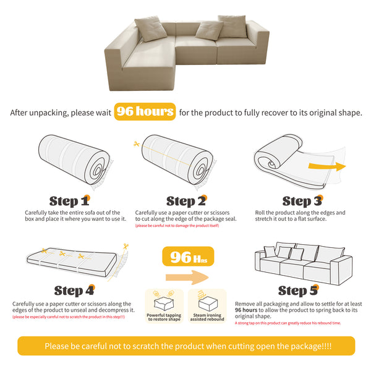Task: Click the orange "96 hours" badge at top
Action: point(145,112)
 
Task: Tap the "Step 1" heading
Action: point(69,201)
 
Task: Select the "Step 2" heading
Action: point(185,201)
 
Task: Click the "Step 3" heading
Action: point(302,201)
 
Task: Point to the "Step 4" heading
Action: point(74,290)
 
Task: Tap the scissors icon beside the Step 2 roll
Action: point(136,144)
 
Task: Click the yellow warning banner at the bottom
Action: point(185,346)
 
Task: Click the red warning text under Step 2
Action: point(177,226)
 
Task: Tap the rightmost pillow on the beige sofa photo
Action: point(232,25)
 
